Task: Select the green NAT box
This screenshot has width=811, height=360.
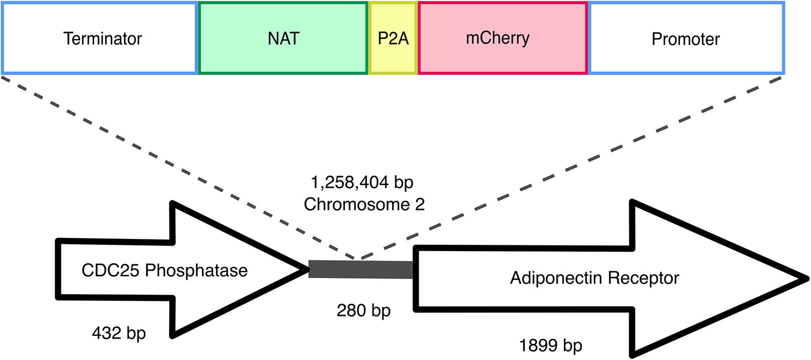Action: (283, 38)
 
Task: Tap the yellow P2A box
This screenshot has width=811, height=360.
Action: (393, 38)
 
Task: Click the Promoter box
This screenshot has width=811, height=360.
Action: (685, 38)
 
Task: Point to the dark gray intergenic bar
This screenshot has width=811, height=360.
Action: (361, 269)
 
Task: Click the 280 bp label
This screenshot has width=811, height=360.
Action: (363, 310)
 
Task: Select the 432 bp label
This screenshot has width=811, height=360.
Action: (119, 334)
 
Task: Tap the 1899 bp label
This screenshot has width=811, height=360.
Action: (550, 346)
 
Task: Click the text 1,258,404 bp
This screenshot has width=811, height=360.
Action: (362, 182)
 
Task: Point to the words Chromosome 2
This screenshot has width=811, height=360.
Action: (364, 204)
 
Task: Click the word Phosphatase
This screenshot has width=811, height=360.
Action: (196, 270)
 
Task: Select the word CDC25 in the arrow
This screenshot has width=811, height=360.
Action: (110, 270)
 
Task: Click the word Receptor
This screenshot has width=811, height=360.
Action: (643, 278)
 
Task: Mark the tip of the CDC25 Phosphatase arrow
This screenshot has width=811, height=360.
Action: (305, 269)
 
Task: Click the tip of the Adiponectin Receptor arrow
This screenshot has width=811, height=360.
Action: (806, 279)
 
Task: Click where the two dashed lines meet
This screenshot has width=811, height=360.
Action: (357, 258)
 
